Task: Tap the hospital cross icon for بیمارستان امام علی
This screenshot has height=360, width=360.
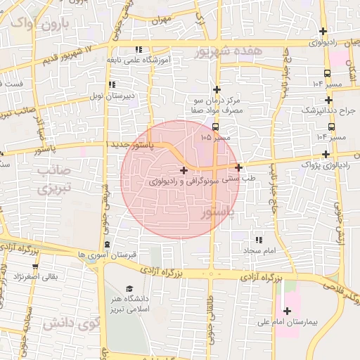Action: tap(287, 311)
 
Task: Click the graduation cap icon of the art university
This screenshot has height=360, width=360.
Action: tap(129, 289)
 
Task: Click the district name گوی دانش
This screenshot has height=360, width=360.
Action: tap(70, 324)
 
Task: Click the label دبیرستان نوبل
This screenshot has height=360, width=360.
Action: tap(116, 94)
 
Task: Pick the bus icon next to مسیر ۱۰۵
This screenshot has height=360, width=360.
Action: tap(214, 127)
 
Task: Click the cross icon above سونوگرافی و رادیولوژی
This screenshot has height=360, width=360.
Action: tap(184, 169)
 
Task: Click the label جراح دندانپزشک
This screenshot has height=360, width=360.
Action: tap(329, 110)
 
